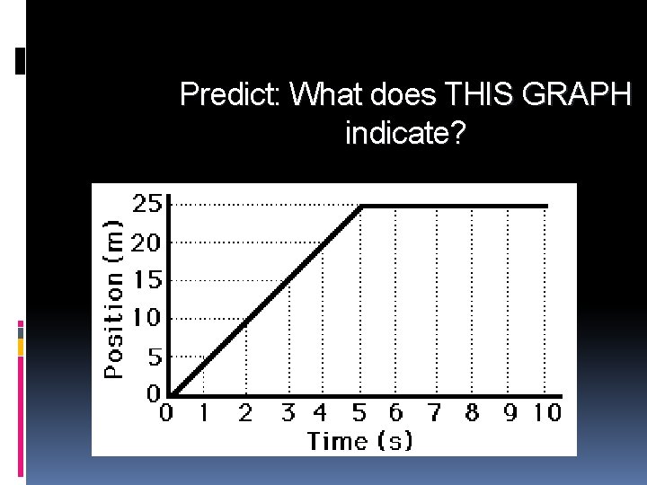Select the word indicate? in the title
click(404, 135)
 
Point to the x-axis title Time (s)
click(360, 441)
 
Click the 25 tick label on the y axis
click(147, 204)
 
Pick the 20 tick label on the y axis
click(147, 242)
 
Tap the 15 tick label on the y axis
click(147, 280)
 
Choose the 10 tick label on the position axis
click(147, 318)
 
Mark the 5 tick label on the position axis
click(155, 357)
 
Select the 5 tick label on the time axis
click(359, 413)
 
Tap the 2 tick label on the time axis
click(244, 413)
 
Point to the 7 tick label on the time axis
click(435, 413)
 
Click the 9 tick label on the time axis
click(510, 413)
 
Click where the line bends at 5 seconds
click(361, 207)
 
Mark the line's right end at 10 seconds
click(546, 207)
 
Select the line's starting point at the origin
click(172, 394)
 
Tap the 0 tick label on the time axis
click(166, 413)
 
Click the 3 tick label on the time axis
click(288, 413)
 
